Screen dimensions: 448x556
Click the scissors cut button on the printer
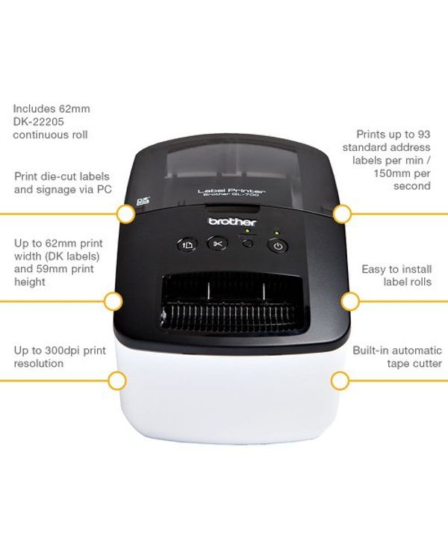[x=217, y=244]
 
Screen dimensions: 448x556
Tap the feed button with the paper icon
[x=187, y=244]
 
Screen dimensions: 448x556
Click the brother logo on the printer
[x=232, y=222]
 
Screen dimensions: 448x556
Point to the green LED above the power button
[x=276, y=233]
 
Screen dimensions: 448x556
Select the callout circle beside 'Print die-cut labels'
[x=125, y=214]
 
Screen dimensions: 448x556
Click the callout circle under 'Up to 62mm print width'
[x=113, y=301]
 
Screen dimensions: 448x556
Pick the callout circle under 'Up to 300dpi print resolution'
[x=117, y=381]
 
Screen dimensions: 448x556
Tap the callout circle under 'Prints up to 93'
[x=342, y=214]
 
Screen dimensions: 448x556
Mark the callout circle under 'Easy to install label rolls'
[x=350, y=302]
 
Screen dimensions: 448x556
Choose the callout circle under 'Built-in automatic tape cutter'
[x=340, y=381]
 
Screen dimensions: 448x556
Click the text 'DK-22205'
[x=39, y=122]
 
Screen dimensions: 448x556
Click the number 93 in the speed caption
[x=424, y=134]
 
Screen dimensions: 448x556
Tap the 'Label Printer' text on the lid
[x=231, y=191]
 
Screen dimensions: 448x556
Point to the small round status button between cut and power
[x=249, y=244]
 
